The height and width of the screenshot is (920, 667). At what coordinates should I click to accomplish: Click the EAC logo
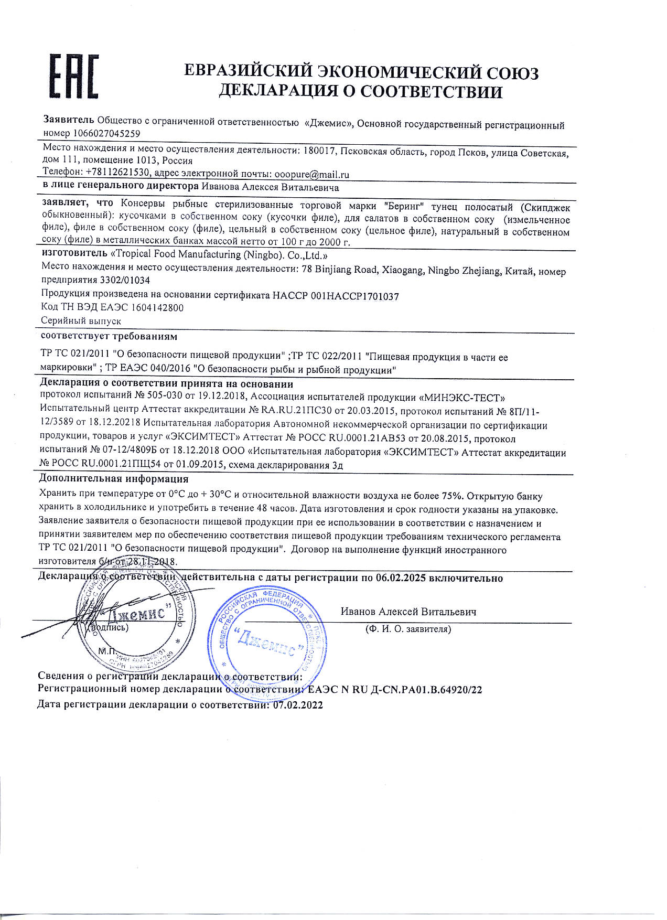[x=74, y=76]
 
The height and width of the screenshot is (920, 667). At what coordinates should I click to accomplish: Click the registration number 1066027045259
[x=106, y=134]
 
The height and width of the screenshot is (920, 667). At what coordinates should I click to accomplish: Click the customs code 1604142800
[x=157, y=308]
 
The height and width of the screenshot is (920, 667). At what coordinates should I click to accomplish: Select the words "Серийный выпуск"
[x=81, y=320]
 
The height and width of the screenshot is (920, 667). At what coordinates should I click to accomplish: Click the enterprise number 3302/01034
[x=125, y=281]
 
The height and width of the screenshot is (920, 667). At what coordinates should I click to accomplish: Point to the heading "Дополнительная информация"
[x=114, y=478]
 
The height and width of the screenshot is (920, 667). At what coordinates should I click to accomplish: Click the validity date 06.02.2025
[x=401, y=578]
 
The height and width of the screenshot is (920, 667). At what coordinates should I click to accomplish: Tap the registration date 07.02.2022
[x=298, y=705]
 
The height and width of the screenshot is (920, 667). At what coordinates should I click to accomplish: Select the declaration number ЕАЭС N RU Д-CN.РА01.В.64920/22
[x=395, y=690]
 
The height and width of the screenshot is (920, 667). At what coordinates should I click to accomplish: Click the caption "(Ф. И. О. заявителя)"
[x=408, y=629]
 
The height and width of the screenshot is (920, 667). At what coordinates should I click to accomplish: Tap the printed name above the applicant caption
[x=408, y=612]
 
